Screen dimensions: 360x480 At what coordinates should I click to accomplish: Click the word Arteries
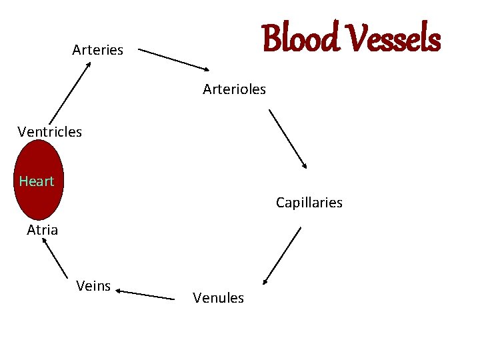(97, 50)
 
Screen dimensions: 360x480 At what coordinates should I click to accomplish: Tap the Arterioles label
(234, 89)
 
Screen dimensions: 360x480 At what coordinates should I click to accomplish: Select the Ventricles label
(50, 131)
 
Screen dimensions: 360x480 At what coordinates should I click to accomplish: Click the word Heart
(37, 181)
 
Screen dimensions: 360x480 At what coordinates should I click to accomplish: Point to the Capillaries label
(309, 203)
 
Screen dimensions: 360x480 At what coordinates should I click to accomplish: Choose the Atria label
(42, 230)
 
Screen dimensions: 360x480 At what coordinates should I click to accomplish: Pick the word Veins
(93, 286)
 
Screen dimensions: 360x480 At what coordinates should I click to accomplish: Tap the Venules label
(218, 298)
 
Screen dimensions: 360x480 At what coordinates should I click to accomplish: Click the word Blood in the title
(299, 38)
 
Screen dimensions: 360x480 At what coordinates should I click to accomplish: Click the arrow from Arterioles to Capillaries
(288, 139)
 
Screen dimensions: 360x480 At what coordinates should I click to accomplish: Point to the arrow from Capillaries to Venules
(282, 256)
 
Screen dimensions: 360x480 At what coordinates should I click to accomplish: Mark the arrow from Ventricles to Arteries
(69, 93)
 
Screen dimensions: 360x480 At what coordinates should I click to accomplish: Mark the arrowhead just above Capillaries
(304, 165)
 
